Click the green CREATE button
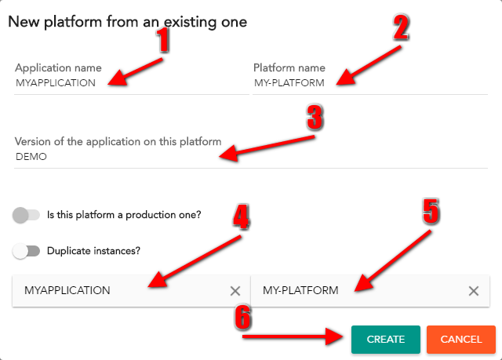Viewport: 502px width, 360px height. click(x=385, y=339)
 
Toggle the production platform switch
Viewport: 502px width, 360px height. click(x=26, y=215)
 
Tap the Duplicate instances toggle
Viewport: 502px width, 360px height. click(x=26, y=251)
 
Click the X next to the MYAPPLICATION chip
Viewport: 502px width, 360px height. click(x=235, y=291)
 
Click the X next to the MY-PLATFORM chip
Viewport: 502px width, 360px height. click(x=474, y=291)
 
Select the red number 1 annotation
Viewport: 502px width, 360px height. click(x=163, y=40)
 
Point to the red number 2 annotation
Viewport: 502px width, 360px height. click(x=401, y=27)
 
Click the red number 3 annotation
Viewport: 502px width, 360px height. click(x=315, y=118)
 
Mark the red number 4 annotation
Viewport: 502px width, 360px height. click(x=241, y=216)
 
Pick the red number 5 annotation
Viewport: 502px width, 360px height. click(x=431, y=211)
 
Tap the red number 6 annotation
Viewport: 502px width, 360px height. click(x=242, y=317)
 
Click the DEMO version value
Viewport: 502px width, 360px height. click(x=31, y=157)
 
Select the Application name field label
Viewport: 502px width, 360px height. click(x=58, y=67)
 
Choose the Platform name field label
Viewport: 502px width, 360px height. click(x=289, y=67)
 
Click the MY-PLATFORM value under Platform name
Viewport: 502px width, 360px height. click(x=289, y=83)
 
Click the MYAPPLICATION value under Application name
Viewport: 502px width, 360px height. click(x=56, y=83)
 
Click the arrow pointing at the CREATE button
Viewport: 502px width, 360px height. click(x=293, y=336)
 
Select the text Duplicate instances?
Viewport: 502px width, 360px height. click(x=93, y=251)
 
